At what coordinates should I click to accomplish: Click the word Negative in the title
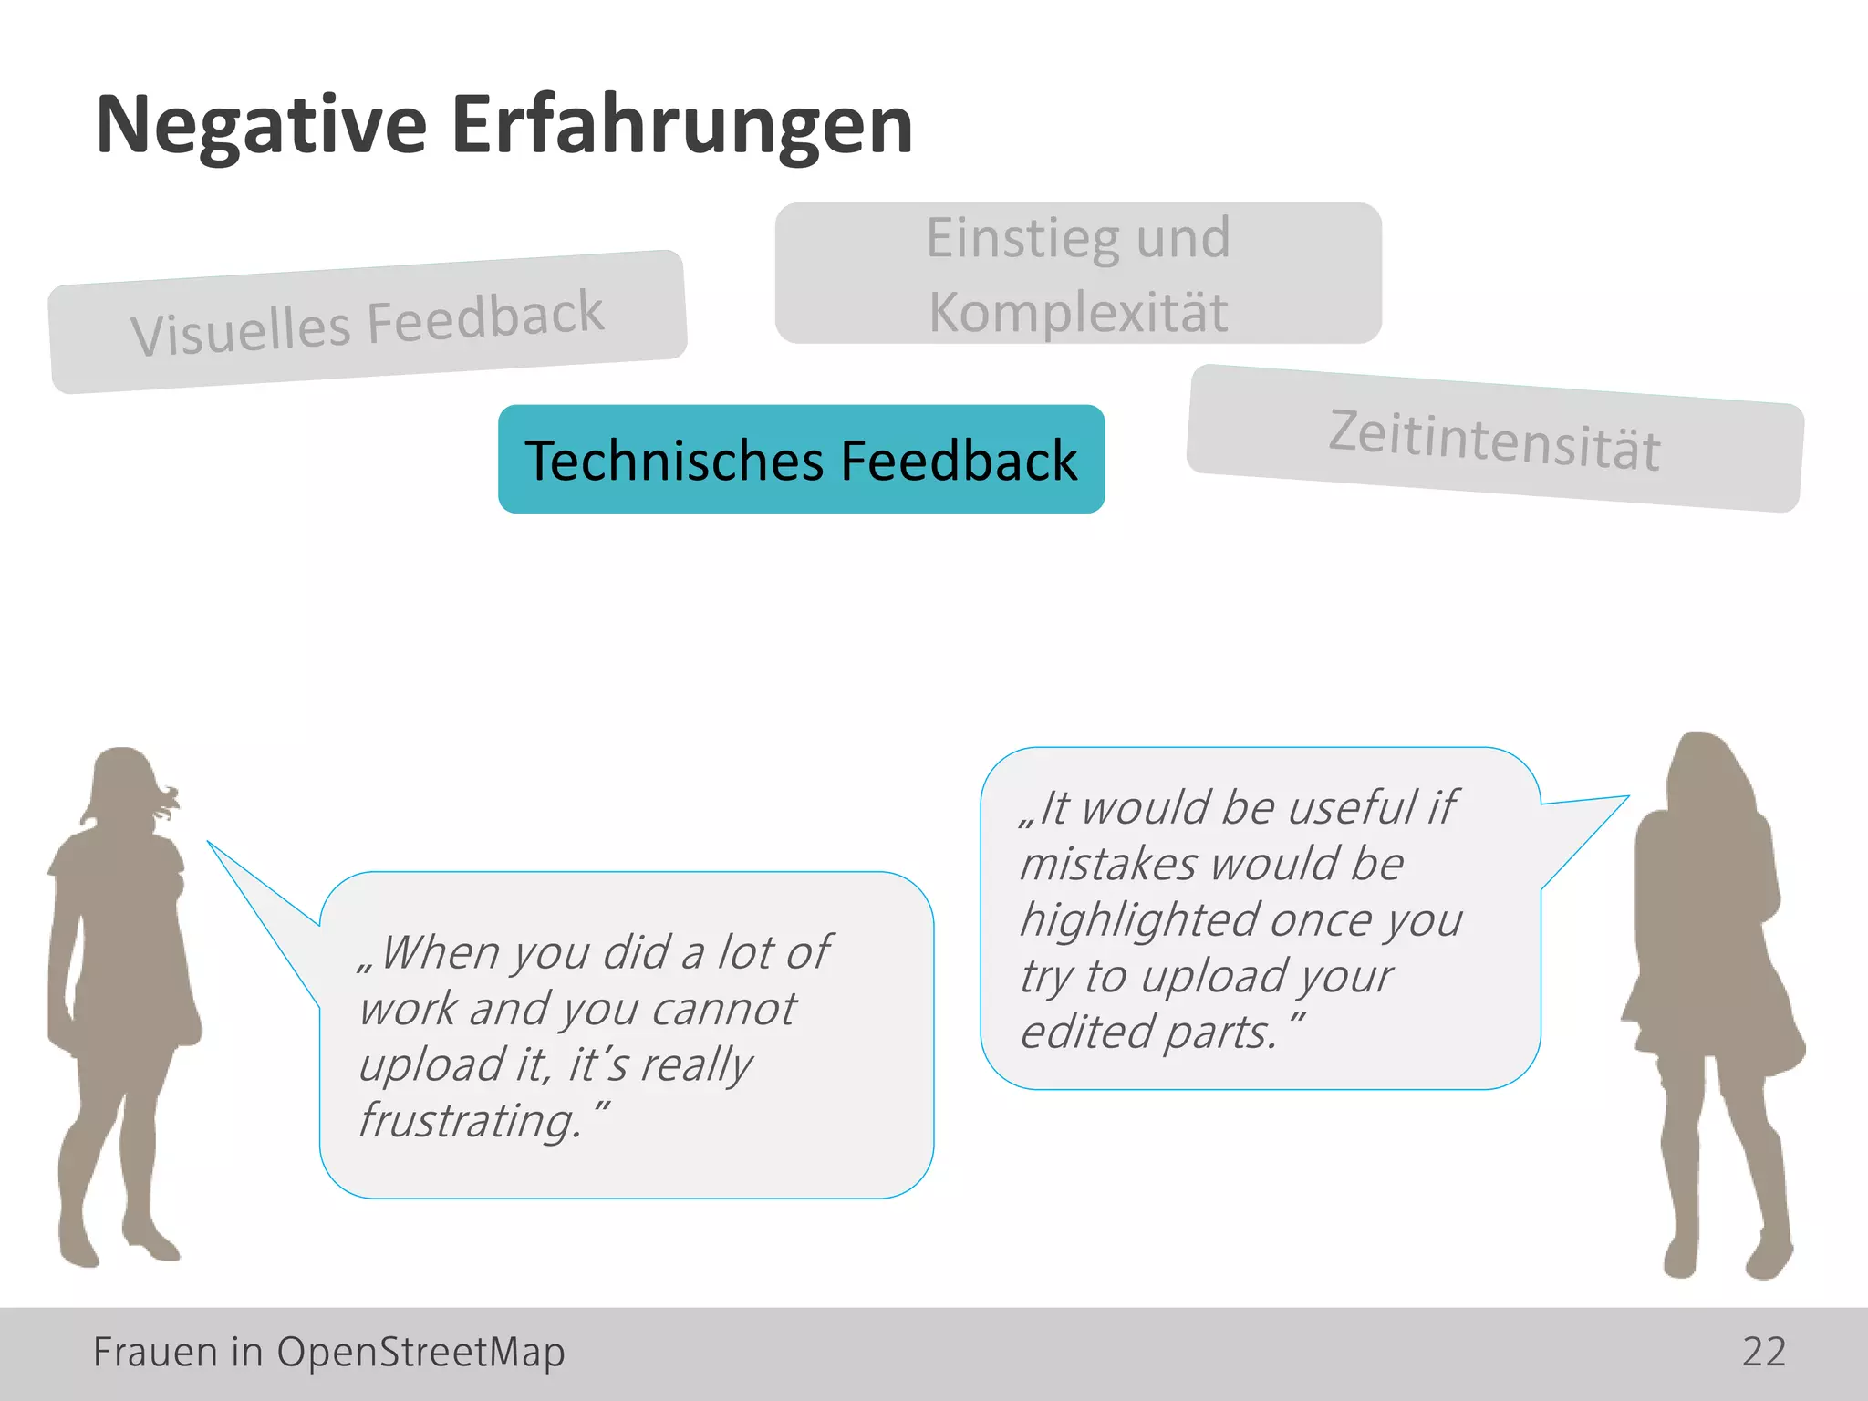point(261,126)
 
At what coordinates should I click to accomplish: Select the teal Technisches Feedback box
point(801,460)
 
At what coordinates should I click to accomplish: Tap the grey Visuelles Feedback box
point(367,322)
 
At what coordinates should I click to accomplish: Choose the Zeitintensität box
point(1494,440)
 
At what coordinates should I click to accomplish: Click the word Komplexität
point(1078,312)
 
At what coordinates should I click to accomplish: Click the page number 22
point(1763,1352)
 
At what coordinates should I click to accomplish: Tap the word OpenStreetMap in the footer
point(420,1352)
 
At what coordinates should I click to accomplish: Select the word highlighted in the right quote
point(1140,919)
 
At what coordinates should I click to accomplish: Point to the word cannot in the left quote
point(723,1009)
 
